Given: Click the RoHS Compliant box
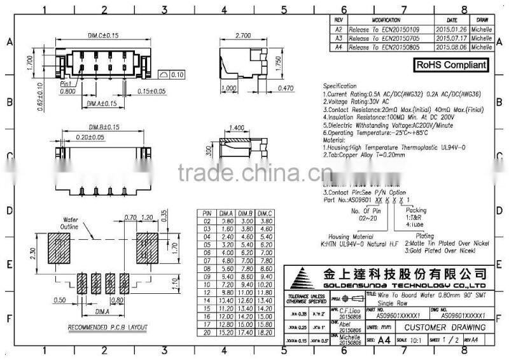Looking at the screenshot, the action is [452, 64].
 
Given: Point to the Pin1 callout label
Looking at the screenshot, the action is [66, 83].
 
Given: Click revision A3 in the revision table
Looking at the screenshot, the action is [338, 38].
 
